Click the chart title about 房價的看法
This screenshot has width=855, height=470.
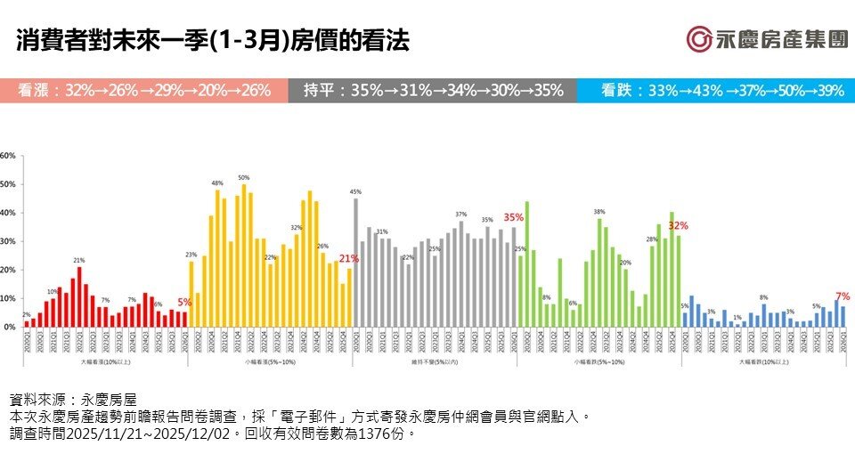pos(213,42)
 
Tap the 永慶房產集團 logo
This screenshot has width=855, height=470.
pos(766,39)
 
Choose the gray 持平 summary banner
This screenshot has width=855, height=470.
pos(432,91)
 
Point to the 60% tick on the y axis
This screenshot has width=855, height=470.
pos(9,156)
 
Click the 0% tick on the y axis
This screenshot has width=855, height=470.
pos(9,328)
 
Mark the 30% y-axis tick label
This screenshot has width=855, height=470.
pos(9,242)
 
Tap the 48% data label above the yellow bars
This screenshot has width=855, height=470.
pos(216,182)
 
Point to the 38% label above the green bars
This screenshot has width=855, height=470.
pos(599,211)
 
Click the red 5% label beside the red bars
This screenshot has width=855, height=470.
pos(184,302)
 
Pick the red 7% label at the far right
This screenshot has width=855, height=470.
pos(843,296)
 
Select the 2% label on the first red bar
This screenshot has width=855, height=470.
pos(26,315)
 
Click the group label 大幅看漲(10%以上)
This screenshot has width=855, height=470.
pos(104,362)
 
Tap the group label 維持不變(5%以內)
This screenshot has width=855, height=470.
pos(435,362)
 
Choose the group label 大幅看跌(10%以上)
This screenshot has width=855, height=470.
pos(763,362)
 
